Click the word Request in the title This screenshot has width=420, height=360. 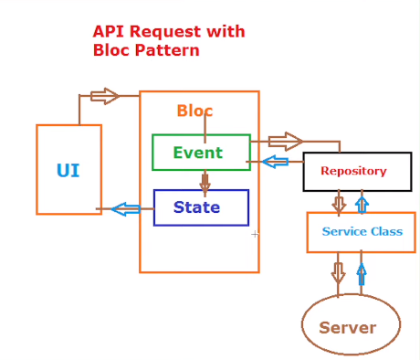[x=165, y=32]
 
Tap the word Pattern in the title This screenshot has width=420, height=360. [x=167, y=50]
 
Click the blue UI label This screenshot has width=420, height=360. [x=68, y=170]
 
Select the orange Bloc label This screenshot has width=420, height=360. [x=194, y=111]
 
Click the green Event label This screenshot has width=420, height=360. [x=198, y=153]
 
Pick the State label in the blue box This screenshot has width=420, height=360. [x=196, y=207]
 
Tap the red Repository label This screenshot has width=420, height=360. [x=353, y=171]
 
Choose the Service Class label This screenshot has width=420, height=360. [x=362, y=231]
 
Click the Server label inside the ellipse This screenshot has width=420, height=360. [x=348, y=328]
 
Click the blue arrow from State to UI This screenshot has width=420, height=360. [x=126, y=209]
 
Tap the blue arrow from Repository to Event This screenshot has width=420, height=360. [x=275, y=162]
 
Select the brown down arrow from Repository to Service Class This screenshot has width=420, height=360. [x=339, y=204]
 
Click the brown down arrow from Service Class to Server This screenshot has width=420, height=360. [x=338, y=273]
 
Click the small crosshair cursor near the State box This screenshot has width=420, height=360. [x=255, y=234]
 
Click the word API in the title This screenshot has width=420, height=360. [x=109, y=32]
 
